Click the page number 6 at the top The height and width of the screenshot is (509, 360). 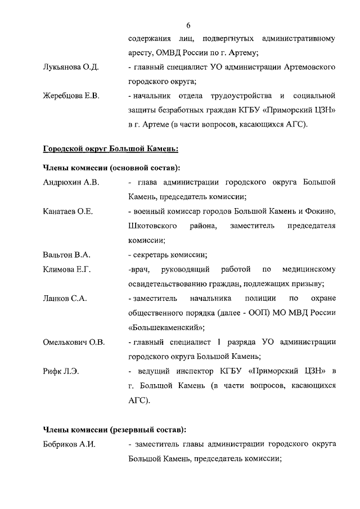pyautogui.click(x=188, y=25)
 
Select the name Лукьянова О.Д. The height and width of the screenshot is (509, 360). pyautogui.click(x=71, y=67)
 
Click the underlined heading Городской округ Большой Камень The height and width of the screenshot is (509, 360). pyautogui.click(x=111, y=149)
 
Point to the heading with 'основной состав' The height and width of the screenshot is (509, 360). pyautogui.click(x=112, y=168)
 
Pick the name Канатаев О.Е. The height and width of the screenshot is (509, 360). pyautogui.click(x=68, y=211)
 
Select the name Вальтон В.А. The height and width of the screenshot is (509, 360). pyautogui.click(x=66, y=255)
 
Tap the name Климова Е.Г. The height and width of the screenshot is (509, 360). pyautogui.click(x=67, y=269)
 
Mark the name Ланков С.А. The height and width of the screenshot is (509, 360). pyautogui.click(x=65, y=299)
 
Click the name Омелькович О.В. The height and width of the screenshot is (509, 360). pyautogui.click(x=74, y=342)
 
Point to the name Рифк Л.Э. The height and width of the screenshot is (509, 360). pyautogui.click(x=61, y=371)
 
